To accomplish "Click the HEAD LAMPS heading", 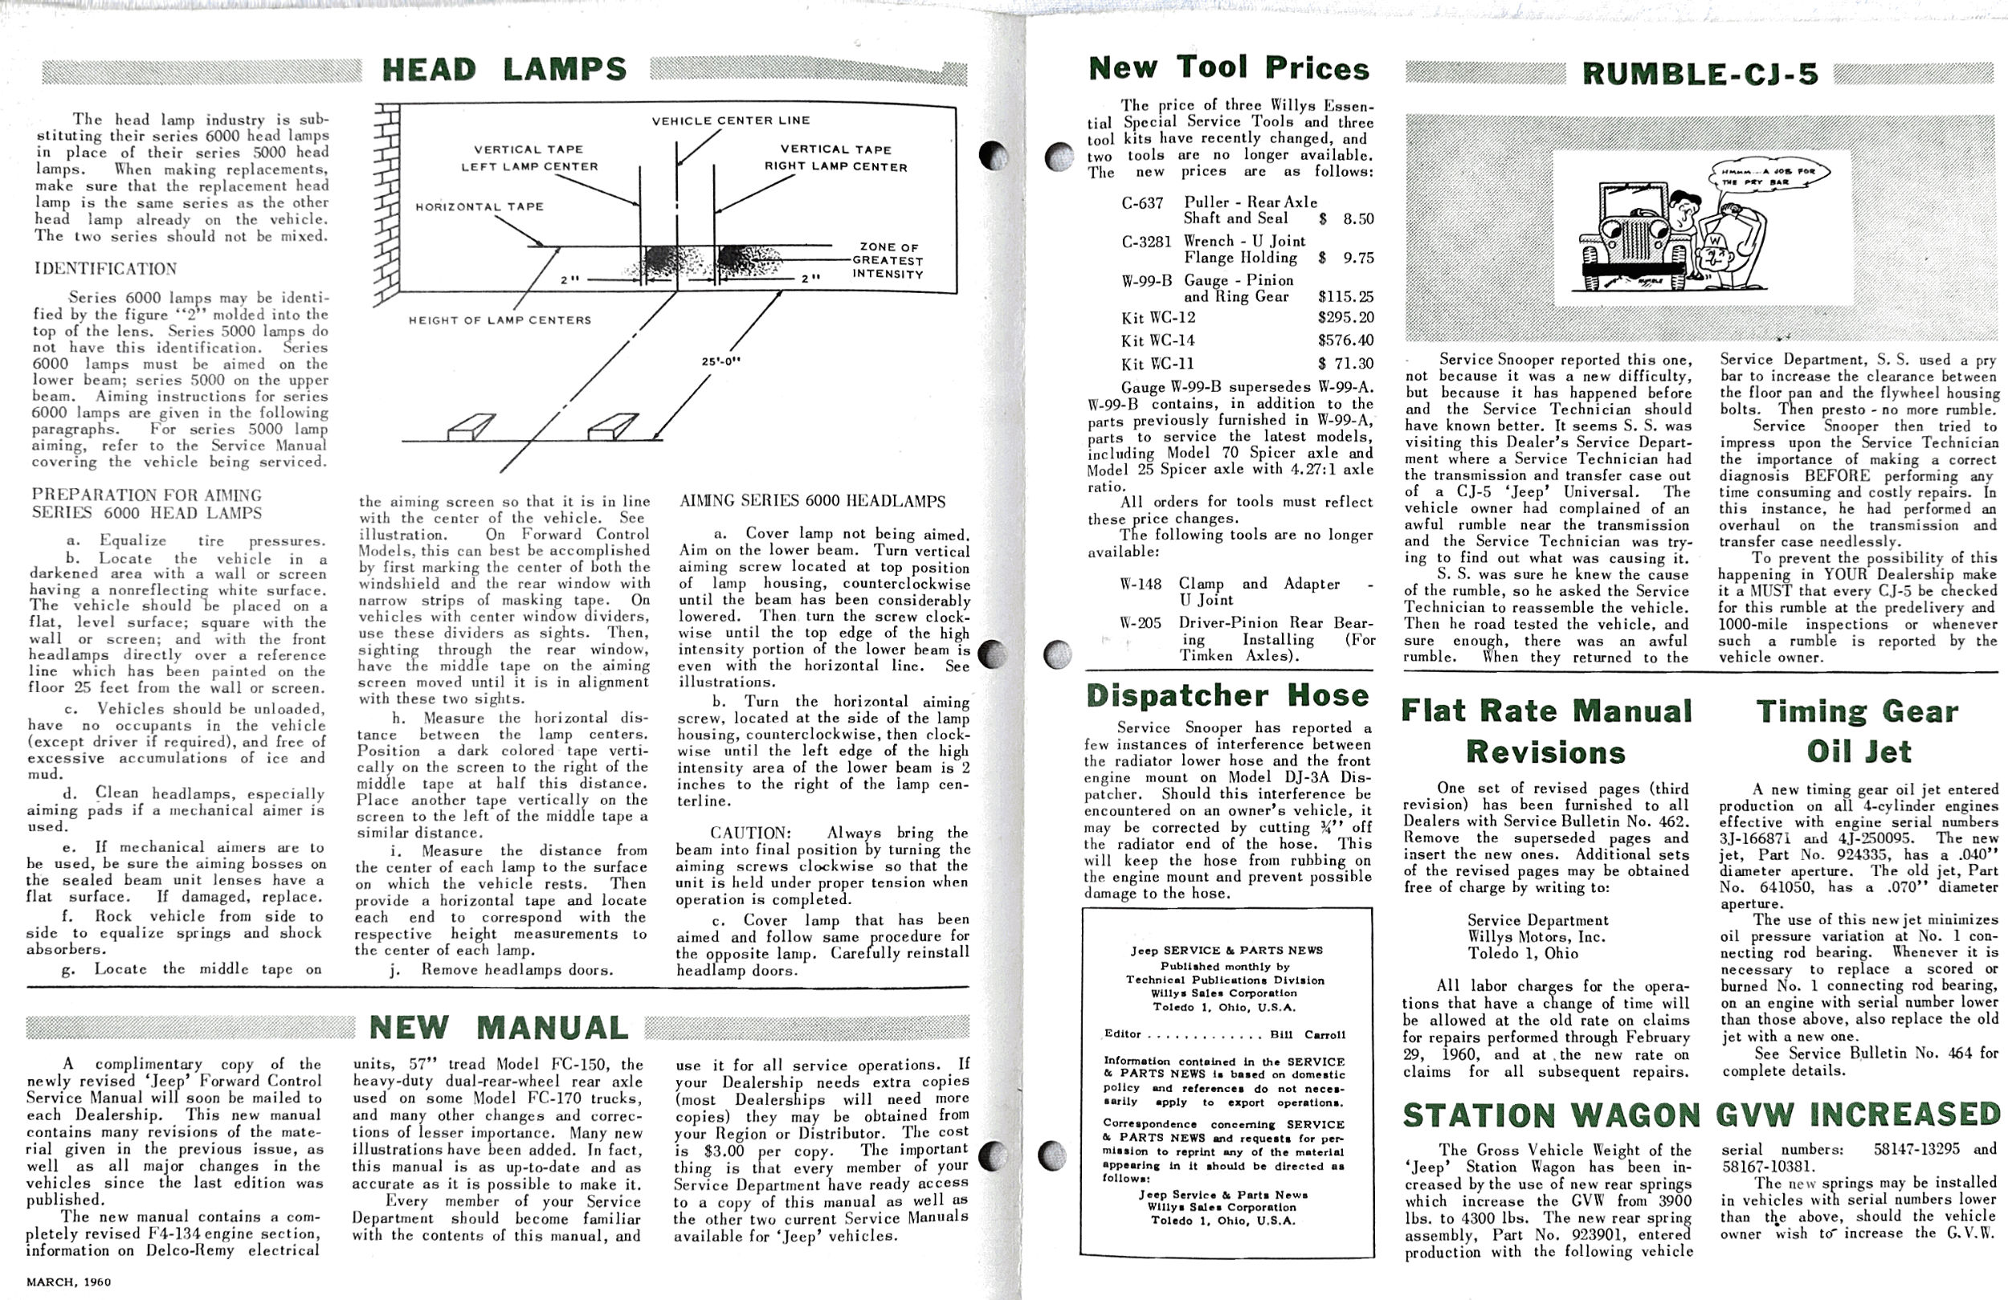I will click(x=504, y=69).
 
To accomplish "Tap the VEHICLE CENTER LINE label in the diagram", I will click(x=731, y=120).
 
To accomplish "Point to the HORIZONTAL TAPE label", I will click(x=480, y=206).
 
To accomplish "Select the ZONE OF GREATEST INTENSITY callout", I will click(x=888, y=261).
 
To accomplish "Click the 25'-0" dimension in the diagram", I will click(x=721, y=362).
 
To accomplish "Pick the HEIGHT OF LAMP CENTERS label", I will click(x=500, y=320).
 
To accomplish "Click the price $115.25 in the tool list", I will click(x=1345, y=297).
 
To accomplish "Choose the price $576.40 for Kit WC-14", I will click(x=1345, y=340).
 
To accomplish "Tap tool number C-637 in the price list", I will click(x=1142, y=203).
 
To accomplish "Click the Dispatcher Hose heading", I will click(x=1227, y=695).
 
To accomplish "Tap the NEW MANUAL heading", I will click(x=499, y=1028).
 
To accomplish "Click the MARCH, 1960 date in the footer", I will click(x=68, y=1282).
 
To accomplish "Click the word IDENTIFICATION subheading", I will click(x=105, y=269).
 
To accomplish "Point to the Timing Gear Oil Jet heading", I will click(x=1858, y=731).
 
